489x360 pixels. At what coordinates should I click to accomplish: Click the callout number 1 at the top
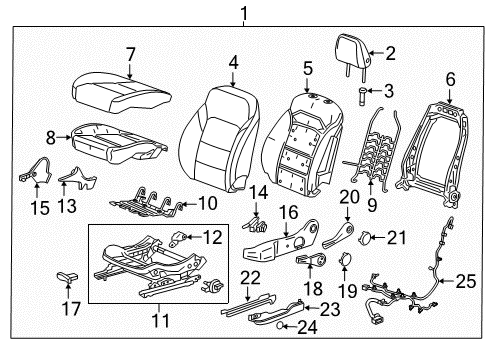point(241,12)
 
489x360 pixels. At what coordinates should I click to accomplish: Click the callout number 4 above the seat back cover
point(232,62)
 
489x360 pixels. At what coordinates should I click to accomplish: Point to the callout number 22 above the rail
point(251,277)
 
